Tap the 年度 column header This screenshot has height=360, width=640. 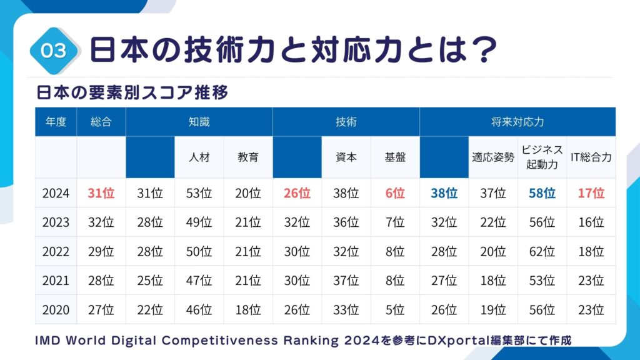pyautogui.click(x=56, y=122)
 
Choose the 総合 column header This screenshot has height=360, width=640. pyautogui.click(x=101, y=122)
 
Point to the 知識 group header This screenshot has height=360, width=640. pyautogui.click(x=199, y=122)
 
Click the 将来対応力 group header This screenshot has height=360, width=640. pyautogui.click(x=517, y=122)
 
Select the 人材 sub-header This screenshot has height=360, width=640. pyautogui.click(x=199, y=157)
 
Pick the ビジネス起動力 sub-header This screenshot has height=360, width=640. pyautogui.click(x=542, y=157)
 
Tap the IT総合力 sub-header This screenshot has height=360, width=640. pyautogui.click(x=591, y=157)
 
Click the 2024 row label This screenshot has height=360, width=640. pyautogui.click(x=56, y=193)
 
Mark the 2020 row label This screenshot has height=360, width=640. pyautogui.click(x=56, y=309)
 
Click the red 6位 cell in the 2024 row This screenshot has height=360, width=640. pyautogui.click(x=395, y=193)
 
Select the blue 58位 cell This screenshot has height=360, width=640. pyautogui.click(x=542, y=193)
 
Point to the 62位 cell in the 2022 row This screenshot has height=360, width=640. pyautogui.click(x=542, y=251)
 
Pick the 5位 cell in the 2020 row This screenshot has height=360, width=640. pyautogui.click(x=395, y=309)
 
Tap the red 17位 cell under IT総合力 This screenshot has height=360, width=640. pyautogui.click(x=591, y=193)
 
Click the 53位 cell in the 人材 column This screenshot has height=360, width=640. pyautogui.click(x=199, y=193)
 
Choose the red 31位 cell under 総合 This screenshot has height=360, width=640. pyautogui.click(x=101, y=193)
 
